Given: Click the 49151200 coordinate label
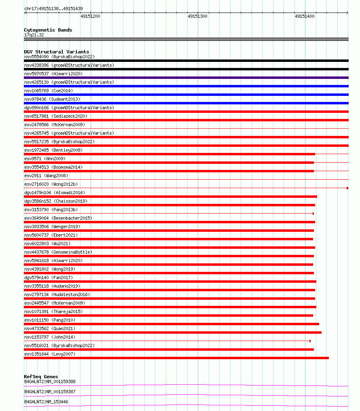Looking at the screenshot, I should pyautogui.click(x=90, y=16).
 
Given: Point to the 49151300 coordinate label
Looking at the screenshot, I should pyautogui.click(x=197, y=16).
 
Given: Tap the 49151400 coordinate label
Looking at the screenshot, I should pyautogui.click(x=305, y=16).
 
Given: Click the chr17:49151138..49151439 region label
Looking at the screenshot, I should pyautogui.click(x=53, y=8).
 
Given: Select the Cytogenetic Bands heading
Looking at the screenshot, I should pyautogui.click(x=48, y=30).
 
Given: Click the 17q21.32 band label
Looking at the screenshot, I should pyautogui.click(x=34, y=35).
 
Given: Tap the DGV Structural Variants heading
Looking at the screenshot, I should pyautogui.click(x=57, y=52).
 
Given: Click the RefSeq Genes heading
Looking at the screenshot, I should pyautogui.click(x=41, y=377).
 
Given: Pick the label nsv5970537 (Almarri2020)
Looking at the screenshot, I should pyautogui.click(x=53, y=74).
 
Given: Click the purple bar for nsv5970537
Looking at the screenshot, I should pyautogui.click(x=186, y=78).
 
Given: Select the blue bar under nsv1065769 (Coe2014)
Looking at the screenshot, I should pyautogui.click(x=186, y=95).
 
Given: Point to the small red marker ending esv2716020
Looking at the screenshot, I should pyautogui.click(x=347, y=188).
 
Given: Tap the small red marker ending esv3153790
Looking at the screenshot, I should pyautogui.click(x=313, y=214).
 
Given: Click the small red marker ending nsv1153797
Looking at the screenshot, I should pyautogui.click(x=310, y=341).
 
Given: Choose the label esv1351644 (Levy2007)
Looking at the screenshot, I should pyautogui.click(x=50, y=354).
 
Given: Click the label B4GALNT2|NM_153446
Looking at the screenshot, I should pyautogui.click(x=46, y=402).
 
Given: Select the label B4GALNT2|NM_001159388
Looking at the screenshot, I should pyautogui.click(x=50, y=381).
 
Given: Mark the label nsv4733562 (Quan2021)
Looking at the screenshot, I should pyautogui.click(x=50, y=328).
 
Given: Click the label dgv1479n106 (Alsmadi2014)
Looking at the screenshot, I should pyautogui.click(x=55, y=193).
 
